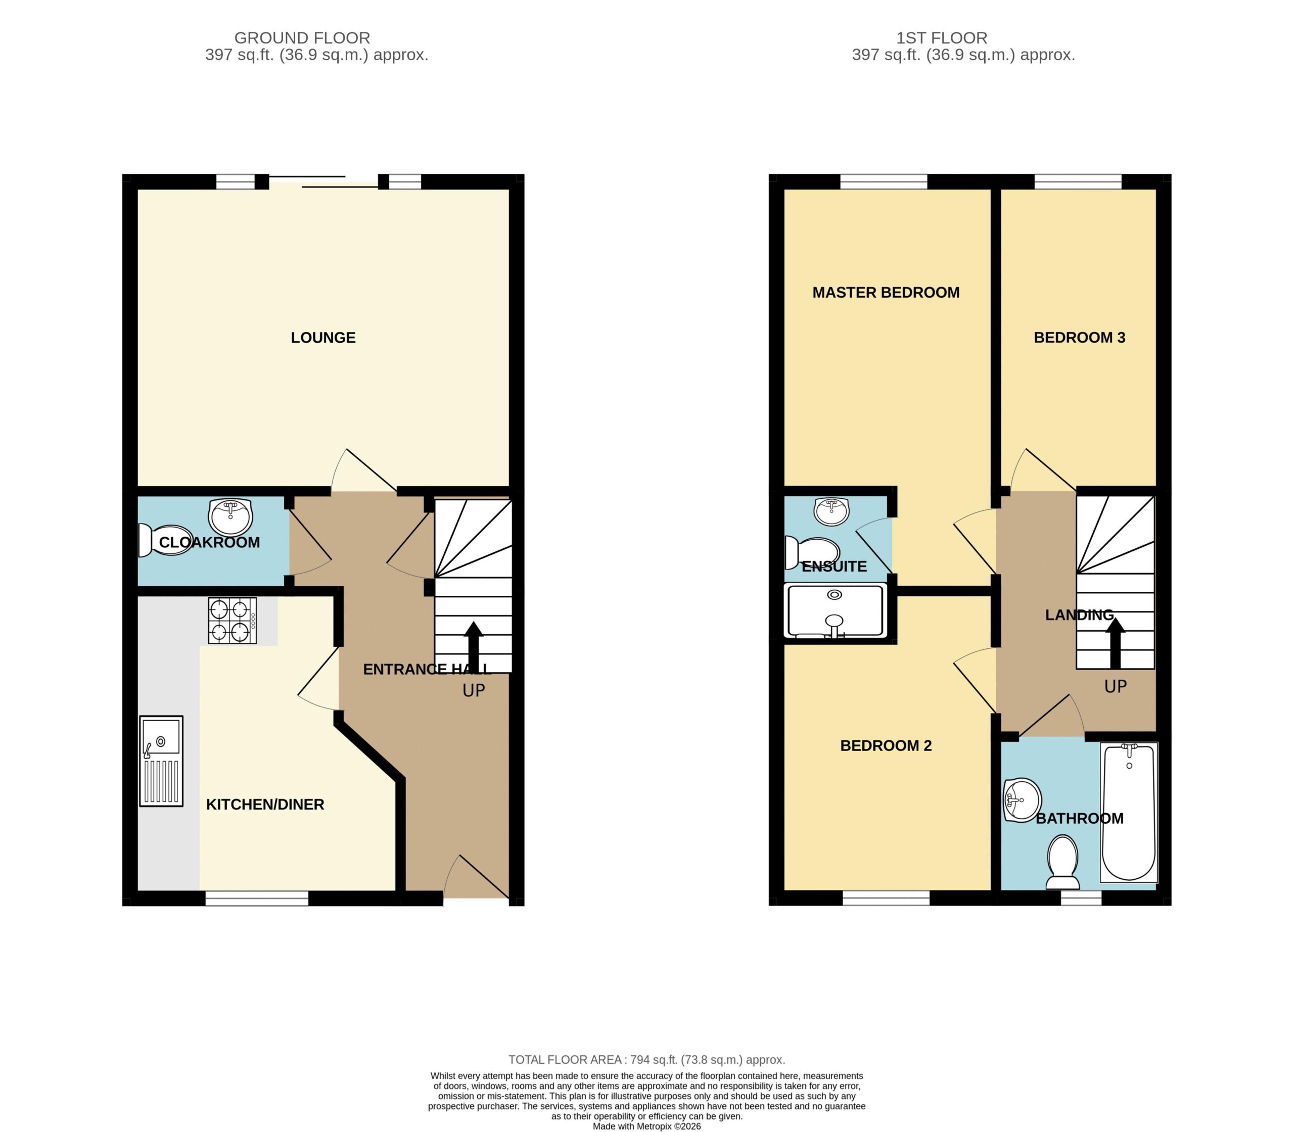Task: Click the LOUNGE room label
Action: click(323, 338)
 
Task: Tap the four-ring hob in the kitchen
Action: click(233, 621)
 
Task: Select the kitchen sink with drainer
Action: click(161, 761)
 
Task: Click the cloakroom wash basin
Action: click(230, 516)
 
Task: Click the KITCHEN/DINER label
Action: click(265, 804)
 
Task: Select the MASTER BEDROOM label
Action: click(886, 293)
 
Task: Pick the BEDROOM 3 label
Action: click(1079, 338)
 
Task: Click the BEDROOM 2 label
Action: click(886, 745)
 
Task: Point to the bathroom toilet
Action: click(1062, 862)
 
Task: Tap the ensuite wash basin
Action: click(831, 511)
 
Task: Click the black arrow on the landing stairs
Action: click(1115, 643)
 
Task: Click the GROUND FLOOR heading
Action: click(302, 38)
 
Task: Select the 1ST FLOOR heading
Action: click(941, 38)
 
